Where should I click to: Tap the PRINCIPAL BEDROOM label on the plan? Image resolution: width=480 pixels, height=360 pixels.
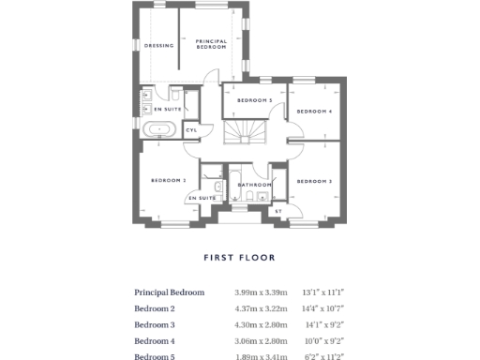211,44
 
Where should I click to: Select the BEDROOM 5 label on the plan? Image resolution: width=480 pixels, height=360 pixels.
254,99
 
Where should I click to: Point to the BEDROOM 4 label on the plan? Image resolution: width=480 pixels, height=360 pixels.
314,112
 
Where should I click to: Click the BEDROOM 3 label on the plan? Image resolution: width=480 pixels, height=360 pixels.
314,180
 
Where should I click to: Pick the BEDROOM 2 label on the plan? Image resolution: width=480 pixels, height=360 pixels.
170,180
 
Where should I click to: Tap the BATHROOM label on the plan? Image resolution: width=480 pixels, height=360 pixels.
254,185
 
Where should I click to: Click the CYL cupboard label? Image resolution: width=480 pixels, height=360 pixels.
191,130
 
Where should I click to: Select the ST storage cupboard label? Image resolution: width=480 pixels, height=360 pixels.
278,211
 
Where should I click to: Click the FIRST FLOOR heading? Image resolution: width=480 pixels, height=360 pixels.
240,257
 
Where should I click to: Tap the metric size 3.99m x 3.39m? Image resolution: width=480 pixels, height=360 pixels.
261,292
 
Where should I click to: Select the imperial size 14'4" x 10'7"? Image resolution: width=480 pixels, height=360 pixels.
325,308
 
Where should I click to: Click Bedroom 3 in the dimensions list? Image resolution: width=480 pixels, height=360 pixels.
155,324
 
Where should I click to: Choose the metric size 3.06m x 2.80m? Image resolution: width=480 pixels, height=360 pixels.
261,340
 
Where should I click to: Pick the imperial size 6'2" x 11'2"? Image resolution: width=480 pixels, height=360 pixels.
325,356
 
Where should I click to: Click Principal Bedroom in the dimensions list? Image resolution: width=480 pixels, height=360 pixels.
169,292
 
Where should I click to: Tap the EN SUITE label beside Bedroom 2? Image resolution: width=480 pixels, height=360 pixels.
202,198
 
